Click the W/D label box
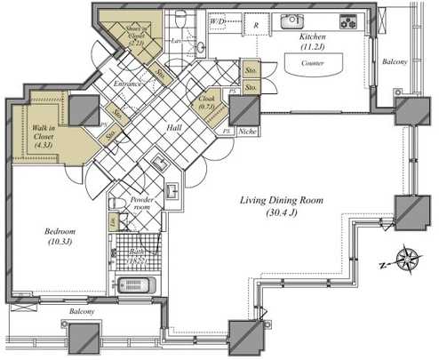[x=218, y=19]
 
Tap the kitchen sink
[x=292, y=20]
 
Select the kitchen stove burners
[x=347, y=21]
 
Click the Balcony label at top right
[x=395, y=62]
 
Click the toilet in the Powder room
[x=116, y=204]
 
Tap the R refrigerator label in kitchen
[x=255, y=27]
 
